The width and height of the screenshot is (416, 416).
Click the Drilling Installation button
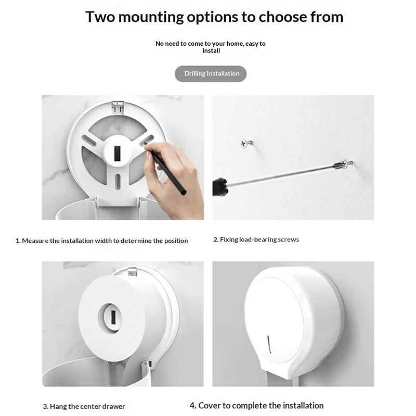(211, 73)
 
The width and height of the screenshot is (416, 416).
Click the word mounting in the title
(151, 18)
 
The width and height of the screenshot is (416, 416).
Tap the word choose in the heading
(282, 17)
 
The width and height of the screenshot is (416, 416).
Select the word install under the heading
(211, 50)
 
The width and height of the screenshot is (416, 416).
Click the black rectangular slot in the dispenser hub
(118, 153)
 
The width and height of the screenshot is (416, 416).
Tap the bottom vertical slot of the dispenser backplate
(118, 181)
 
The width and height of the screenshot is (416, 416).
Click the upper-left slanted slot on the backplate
(89, 140)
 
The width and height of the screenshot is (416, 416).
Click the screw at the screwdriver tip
(346, 163)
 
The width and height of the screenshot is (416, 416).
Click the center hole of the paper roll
(110, 318)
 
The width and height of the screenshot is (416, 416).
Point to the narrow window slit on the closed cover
(269, 344)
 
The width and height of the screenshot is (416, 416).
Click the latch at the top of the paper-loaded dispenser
(132, 271)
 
